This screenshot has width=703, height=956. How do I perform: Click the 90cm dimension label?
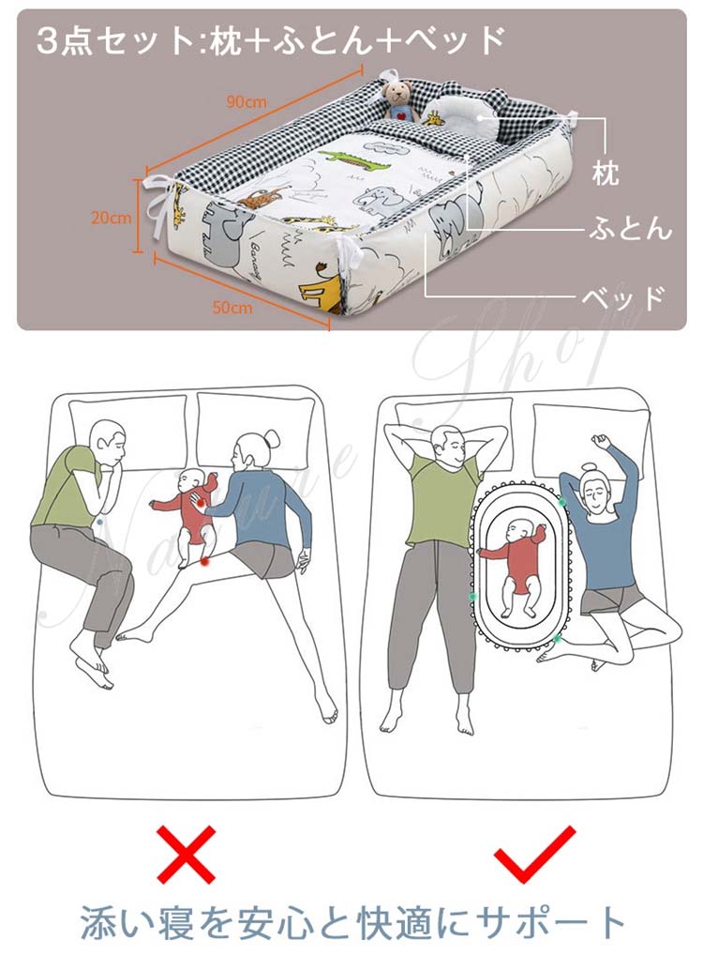pyautogui.click(x=247, y=101)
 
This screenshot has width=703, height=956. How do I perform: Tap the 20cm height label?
pyautogui.click(x=111, y=217)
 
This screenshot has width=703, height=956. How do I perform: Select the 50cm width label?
pyautogui.click(x=232, y=307)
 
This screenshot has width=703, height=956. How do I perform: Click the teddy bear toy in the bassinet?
pyautogui.click(x=398, y=100)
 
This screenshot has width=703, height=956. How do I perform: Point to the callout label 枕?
pyautogui.click(x=606, y=174)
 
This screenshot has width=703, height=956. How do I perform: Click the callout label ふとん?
pyautogui.click(x=630, y=229)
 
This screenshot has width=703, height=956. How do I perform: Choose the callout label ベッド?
pyautogui.click(x=622, y=297)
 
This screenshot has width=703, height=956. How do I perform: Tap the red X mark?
pyautogui.click(x=187, y=854)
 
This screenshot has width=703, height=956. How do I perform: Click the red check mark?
pyautogui.click(x=533, y=854)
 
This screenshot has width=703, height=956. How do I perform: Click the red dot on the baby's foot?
pyautogui.click(x=204, y=560)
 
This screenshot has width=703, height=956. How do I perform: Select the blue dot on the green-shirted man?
pyautogui.click(x=99, y=523)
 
